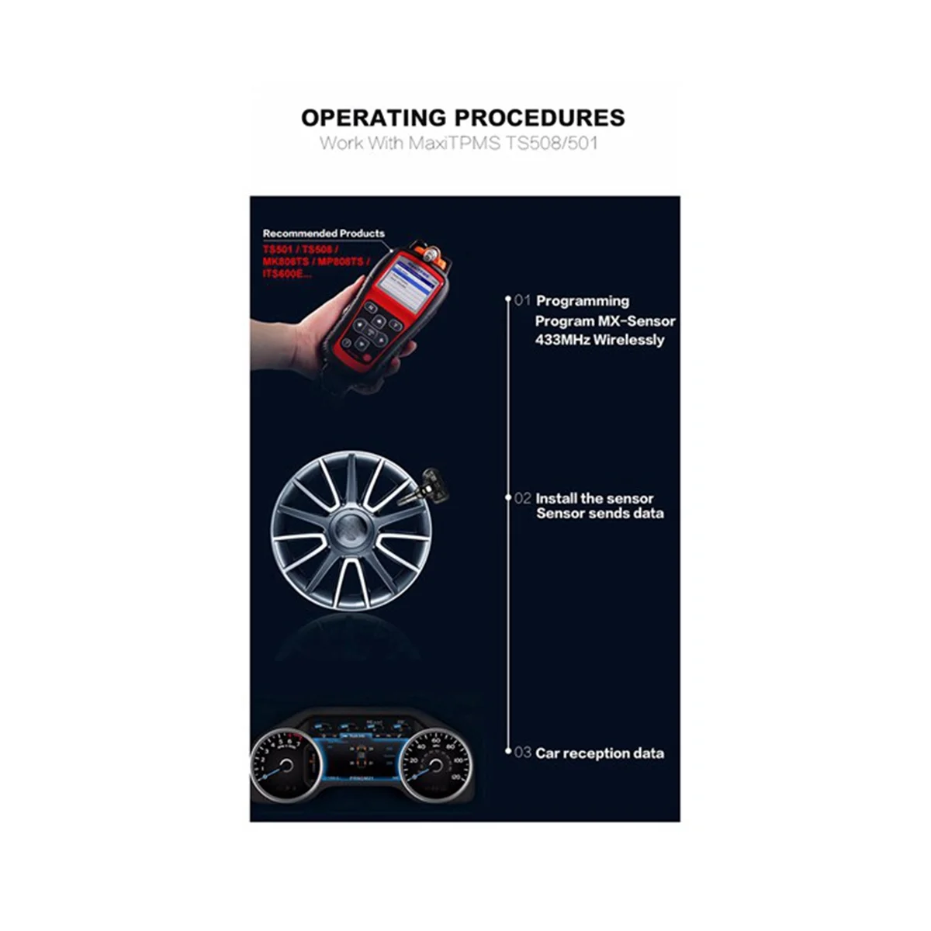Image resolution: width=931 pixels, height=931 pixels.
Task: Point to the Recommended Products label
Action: [x=324, y=233]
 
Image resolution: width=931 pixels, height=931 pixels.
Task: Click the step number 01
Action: [x=522, y=300]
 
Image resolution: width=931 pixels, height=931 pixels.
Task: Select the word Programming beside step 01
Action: [x=583, y=301]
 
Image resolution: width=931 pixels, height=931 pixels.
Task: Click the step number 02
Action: [x=522, y=498]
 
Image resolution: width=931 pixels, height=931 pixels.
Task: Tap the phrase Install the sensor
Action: [x=594, y=498]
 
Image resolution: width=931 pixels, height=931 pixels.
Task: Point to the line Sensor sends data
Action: [x=600, y=513]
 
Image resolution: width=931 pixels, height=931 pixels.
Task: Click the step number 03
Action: [x=522, y=753]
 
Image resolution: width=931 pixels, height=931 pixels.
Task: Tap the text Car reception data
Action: [x=600, y=753]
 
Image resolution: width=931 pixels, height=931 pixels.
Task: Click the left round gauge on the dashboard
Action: [x=283, y=764]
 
